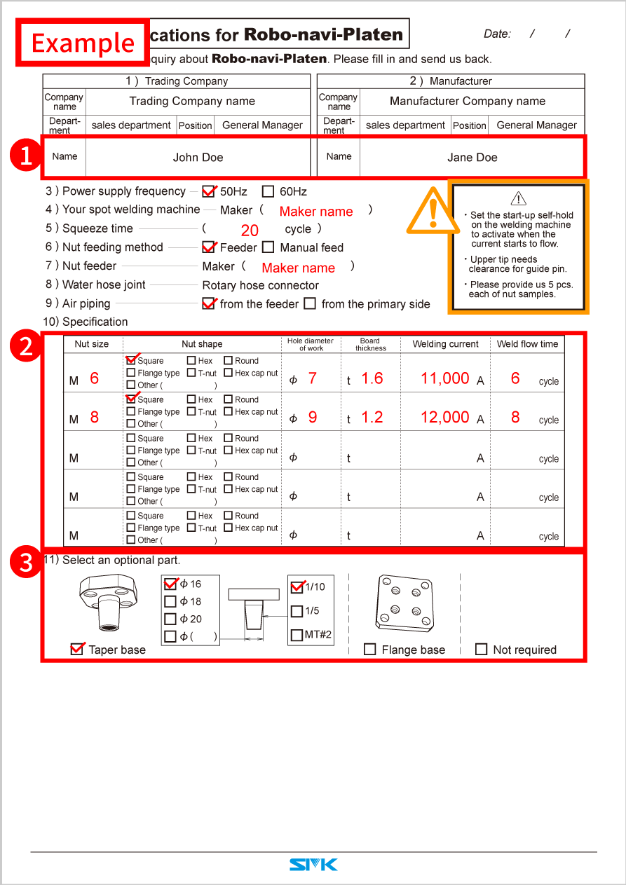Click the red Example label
[x=83, y=43]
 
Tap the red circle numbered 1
[x=26, y=156]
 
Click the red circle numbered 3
[x=26, y=563]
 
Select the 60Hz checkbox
[x=268, y=191]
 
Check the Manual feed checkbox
[x=268, y=247]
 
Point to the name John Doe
[x=198, y=158]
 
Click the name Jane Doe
[x=472, y=158]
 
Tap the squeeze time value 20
[x=250, y=231]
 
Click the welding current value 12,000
[x=444, y=417]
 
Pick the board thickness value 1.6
[x=372, y=378]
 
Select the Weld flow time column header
[x=527, y=344]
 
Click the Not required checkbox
[x=481, y=650]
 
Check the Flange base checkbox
[x=370, y=650]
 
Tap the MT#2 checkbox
[x=297, y=636]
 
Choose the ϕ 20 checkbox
[x=170, y=619]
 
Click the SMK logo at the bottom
[x=313, y=865]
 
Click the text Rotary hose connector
[x=260, y=285]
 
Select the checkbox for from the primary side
[x=311, y=304]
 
